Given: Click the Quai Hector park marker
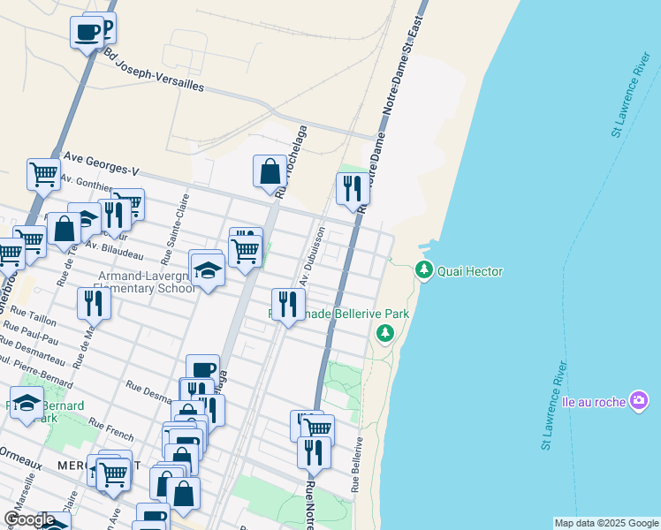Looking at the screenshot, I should (x=424, y=270).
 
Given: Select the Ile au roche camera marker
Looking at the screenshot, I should (x=638, y=401).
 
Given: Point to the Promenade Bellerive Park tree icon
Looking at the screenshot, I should (x=384, y=333).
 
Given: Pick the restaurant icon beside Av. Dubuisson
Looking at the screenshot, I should (x=287, y=305).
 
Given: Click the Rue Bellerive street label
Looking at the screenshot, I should (x=357, y=465).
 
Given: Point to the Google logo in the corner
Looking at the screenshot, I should (x=29, y=519).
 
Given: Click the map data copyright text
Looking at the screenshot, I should (x=605, y=523).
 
